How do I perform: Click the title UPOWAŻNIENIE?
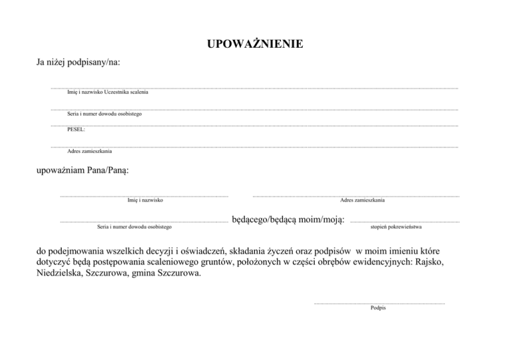coord(255,45)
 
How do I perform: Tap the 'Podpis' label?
coord(379,308)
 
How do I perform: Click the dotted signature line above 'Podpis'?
coord(379,303)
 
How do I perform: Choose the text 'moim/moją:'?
coord(321,219)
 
